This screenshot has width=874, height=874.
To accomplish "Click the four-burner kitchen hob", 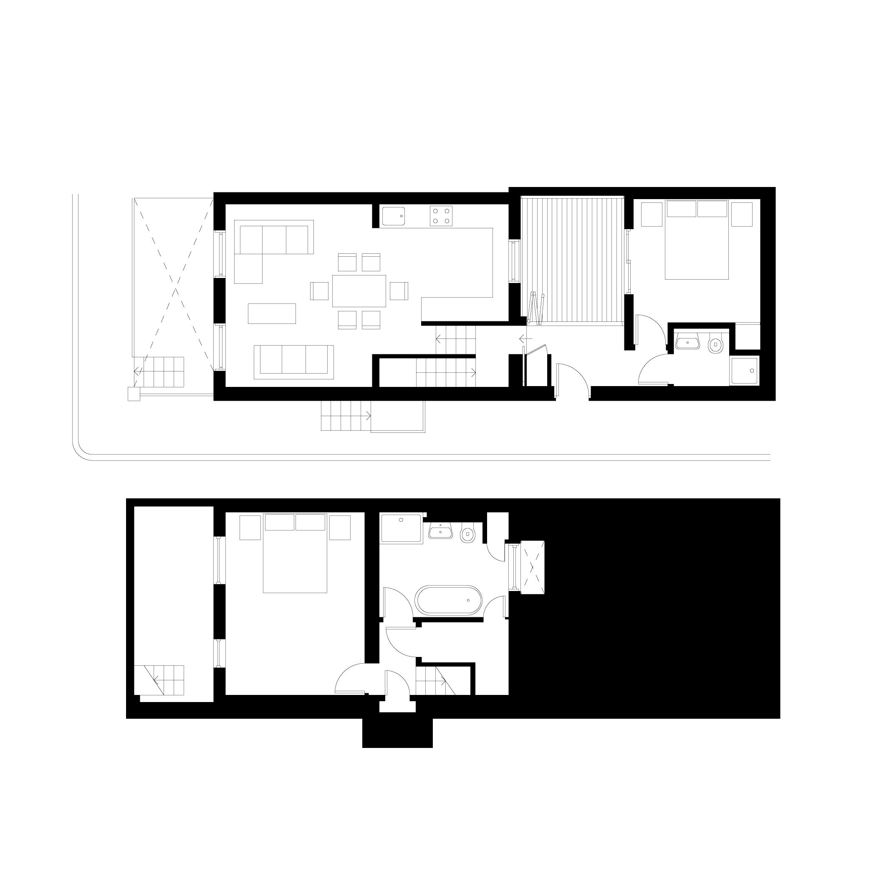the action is [441, 216].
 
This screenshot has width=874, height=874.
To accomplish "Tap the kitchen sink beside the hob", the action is [394, 216].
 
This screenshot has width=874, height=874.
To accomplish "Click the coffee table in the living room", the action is [272, 313].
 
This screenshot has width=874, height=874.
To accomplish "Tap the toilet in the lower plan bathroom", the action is [467, 535].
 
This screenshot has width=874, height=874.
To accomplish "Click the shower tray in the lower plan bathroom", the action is [401, 528].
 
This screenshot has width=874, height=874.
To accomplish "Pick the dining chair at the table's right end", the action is [399, 290].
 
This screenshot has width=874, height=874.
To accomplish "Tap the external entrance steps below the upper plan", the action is [346, 415].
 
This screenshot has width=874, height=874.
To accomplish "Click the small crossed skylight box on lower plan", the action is [533, 567].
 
